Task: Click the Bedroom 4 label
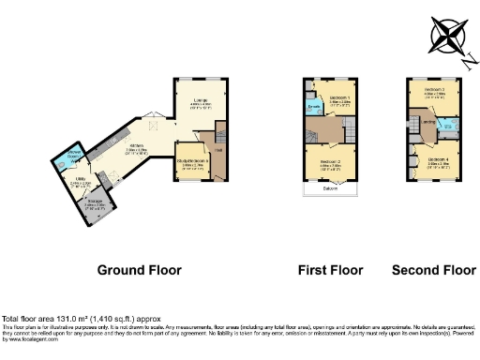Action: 438,159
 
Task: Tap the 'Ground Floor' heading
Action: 139,270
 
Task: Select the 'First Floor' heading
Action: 330,270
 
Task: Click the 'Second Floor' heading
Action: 433,270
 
